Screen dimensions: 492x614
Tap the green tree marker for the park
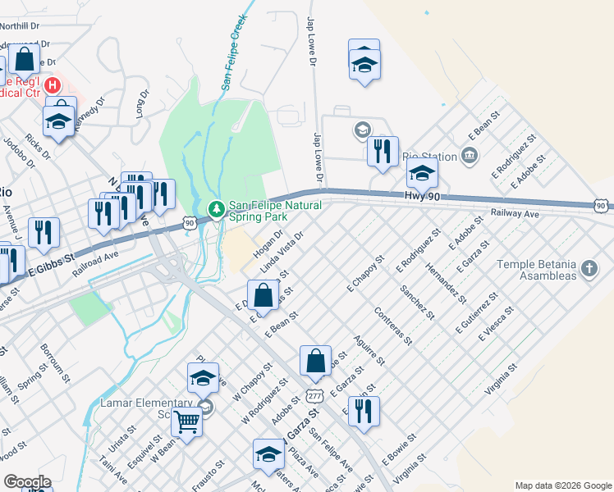pos(217,210)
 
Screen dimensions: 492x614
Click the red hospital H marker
pos(52,84)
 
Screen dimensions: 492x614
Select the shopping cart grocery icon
pos(187,421)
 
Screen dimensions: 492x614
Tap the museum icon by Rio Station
pos(469,155)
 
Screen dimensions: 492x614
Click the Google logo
pos(27,482)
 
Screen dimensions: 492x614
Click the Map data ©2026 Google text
pos(563,485)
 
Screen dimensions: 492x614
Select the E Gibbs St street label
pos(57,263)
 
